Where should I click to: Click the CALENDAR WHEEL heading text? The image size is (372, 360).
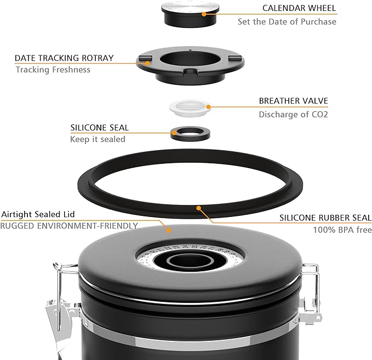pos(299,9)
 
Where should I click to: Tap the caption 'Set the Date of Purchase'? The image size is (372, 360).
pos(287,22)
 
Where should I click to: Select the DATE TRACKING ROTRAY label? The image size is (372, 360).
pos(64,58)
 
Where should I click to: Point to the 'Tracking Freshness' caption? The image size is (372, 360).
pos(53,70)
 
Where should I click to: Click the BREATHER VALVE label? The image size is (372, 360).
pos(293,101)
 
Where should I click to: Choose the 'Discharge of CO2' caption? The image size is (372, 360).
pos(293,115)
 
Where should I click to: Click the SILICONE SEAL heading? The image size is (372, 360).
pos(99,128)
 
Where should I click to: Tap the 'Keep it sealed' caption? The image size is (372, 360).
pos(98,139)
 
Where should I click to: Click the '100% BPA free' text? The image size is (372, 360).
pos(342,230)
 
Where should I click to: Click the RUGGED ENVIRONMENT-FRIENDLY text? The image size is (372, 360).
pos(68,225)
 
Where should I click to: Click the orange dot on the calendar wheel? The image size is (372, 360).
pos(204,14)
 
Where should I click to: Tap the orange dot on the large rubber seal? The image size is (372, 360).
pos(199,208)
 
